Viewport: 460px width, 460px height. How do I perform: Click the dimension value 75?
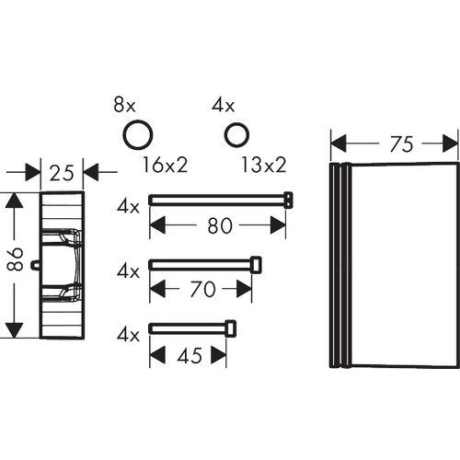coord(401,144)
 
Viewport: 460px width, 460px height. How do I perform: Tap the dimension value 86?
coord(15,259)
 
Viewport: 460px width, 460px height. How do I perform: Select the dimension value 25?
coord(62,173)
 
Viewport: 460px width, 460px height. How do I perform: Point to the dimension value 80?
coord(220,226)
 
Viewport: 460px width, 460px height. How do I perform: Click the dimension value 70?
coord(202,289)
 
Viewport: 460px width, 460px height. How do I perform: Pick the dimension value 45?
coord(190,356)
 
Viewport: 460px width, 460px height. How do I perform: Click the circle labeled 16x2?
coord(138,135)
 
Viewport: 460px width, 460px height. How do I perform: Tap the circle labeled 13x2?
coord(236,134)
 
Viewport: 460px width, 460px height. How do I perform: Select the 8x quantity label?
coord(124,105)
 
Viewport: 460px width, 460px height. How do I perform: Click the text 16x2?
coord(165,165)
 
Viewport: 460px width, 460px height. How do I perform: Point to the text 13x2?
coord(264,165)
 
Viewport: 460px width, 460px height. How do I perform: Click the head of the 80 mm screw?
coord(288,200)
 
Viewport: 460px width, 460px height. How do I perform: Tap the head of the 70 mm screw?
coord(257,265)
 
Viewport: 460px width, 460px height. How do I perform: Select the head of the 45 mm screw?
coord(231,328)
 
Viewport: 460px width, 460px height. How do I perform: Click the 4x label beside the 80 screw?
coord(128,207)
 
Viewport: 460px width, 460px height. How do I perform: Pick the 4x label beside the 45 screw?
coord(128,335)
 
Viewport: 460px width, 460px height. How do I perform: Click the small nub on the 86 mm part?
coord(36,265)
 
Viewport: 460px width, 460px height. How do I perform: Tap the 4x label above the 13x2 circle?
coord(223,105)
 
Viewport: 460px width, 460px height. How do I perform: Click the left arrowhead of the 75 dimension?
coord(339,144)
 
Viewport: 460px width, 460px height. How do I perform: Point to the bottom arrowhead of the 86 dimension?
coord(15,330)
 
